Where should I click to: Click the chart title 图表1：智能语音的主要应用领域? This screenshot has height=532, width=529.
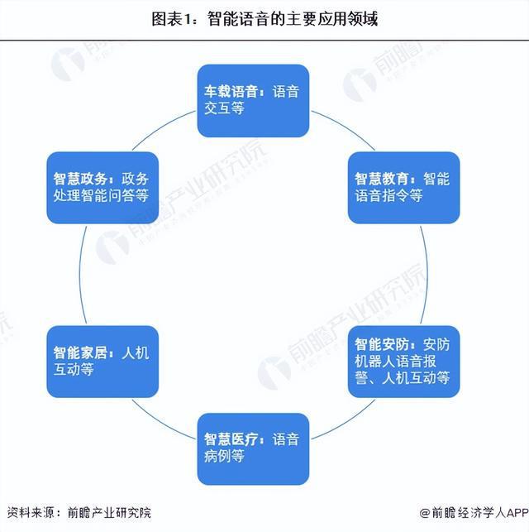tap(264, 19)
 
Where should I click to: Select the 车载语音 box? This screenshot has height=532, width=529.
tap(253, 101)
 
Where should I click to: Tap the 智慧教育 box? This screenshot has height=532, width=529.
tap(403, 188)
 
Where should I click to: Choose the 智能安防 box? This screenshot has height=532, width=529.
tap(403, 362)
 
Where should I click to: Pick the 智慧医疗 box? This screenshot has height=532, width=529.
tap(253, 449)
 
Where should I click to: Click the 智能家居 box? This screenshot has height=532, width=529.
tap(102, 362)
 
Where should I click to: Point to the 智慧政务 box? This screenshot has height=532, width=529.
tap(102, 188)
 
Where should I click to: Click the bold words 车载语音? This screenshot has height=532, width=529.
tap(231, 92)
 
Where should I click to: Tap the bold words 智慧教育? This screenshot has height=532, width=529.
tap(382, 179)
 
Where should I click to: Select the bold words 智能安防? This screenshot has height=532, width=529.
tap(382, 345)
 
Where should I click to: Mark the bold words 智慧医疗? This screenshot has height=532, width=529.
tap(231, 439)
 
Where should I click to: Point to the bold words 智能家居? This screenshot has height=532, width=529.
tap(80, 352)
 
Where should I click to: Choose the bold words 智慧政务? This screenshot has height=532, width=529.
tap(80, 179)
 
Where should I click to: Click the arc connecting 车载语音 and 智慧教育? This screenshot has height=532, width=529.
tap(345, 127)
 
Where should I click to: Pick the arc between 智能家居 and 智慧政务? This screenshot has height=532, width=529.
tap(80, 275)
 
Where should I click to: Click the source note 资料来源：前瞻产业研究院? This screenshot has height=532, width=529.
tap(79, 513)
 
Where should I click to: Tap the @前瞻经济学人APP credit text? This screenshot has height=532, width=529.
tap(474, 513)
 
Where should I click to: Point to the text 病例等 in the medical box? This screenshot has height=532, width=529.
tap(224, 456)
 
